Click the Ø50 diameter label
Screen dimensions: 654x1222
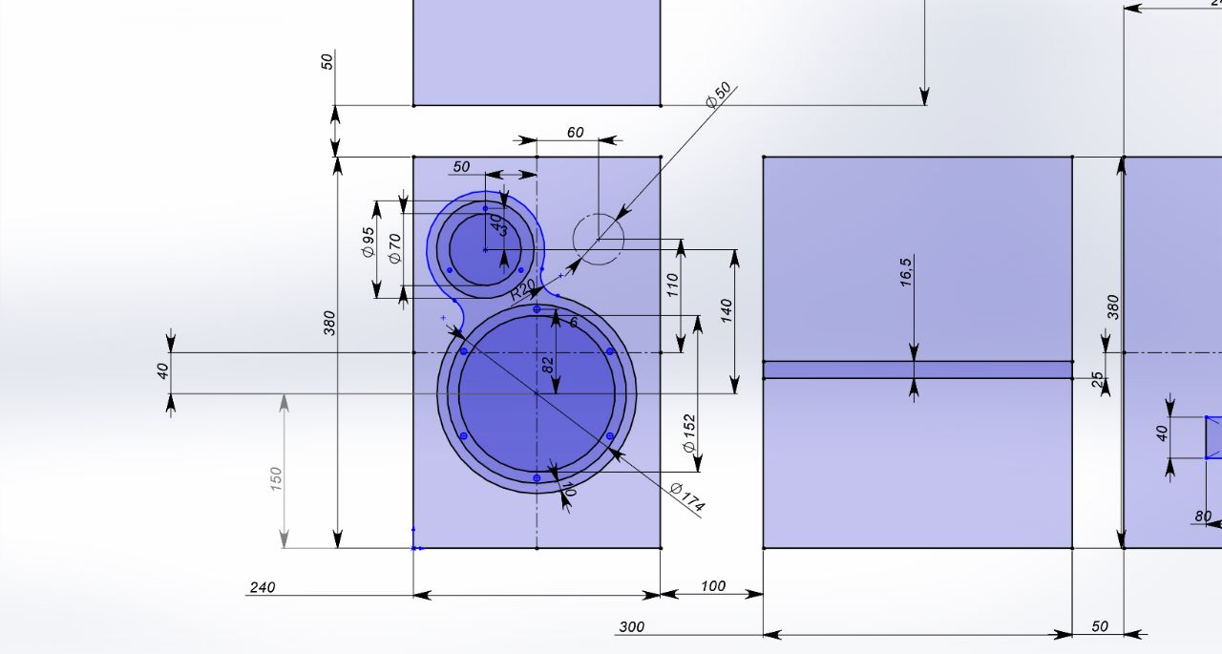tap(719, 95)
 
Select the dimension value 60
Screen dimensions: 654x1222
tap(575, 133)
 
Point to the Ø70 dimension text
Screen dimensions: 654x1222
tap(394, 247)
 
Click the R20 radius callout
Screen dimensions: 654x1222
tap(522, 289)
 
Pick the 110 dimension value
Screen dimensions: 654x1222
tap(672, 285)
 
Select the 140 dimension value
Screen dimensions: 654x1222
tap(727, 309)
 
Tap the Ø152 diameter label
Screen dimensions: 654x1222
tap(689, 433)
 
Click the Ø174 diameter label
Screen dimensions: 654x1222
tap(686, 497)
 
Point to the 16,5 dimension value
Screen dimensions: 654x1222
tap(906, 271)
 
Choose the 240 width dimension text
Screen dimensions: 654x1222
tap(262, 587)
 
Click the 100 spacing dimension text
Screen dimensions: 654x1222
tap(712, 586)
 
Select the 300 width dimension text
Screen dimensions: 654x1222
tap(631, 627)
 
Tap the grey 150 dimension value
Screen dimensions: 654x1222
tap(277, 477)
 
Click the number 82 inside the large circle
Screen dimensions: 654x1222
tap(548, 364)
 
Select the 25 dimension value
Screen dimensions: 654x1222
tap(1098, 380)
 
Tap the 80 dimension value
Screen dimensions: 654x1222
tap(1203, 517)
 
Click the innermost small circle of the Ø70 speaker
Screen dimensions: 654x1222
tap(485, 250)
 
